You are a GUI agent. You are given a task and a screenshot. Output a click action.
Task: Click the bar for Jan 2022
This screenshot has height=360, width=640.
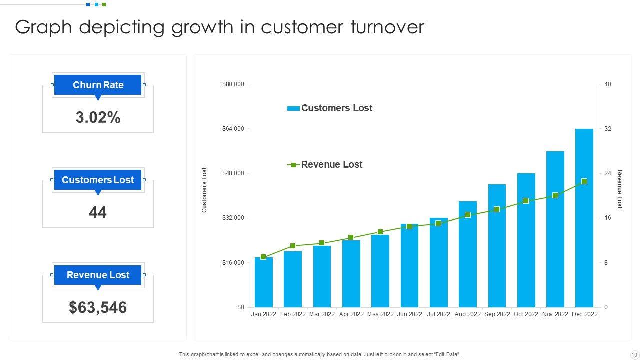click(x=263, y=282)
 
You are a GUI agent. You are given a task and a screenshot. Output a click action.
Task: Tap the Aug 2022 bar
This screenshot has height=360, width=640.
click(x=467, y=254)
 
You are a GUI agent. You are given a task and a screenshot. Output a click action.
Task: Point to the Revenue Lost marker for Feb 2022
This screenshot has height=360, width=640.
click(x=293, y=246)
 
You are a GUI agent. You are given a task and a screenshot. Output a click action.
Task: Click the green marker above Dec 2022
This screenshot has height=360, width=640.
click(x=584, y=182)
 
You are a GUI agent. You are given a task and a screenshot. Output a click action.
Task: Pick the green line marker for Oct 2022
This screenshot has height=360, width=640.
click(x=526, y=201)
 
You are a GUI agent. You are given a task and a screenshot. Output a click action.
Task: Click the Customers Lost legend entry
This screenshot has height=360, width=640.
click(x=330, y=108)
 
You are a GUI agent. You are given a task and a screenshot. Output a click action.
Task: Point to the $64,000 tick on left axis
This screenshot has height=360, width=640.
click(x=233, y=129)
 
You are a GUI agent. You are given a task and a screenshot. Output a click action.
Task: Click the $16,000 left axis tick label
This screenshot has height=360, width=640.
click(x=233, y=263)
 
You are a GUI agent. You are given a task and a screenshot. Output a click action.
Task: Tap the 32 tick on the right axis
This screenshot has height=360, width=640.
click(x=608, y=129)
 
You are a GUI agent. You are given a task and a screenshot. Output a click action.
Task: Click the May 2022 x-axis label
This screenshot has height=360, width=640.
click(x=380, y=314)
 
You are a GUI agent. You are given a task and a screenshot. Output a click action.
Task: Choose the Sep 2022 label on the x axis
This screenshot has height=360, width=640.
click(x=497, y=314)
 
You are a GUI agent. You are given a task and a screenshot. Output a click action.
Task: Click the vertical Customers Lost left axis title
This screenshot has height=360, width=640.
click(x=204, y=190)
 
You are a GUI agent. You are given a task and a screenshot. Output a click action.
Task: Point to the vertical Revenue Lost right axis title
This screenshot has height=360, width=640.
click(x=620, y=190)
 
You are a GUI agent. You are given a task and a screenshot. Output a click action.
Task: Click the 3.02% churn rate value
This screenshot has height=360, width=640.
click(x=98, y=118)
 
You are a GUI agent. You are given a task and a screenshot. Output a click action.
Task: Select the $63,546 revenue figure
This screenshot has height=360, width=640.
click(x=98, y=307)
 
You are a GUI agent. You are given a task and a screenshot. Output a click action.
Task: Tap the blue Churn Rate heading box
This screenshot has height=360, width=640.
click(x=98, y=85)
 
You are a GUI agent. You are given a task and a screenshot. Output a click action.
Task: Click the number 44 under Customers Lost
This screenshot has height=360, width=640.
click(x=98, y=213)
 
